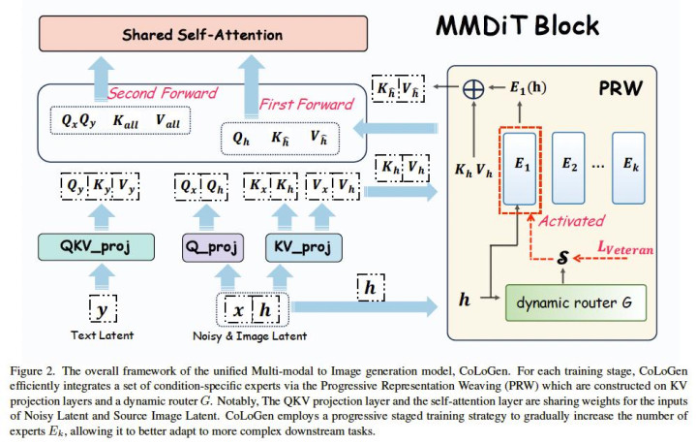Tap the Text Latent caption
(102, 335)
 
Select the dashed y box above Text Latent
(102, 309)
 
